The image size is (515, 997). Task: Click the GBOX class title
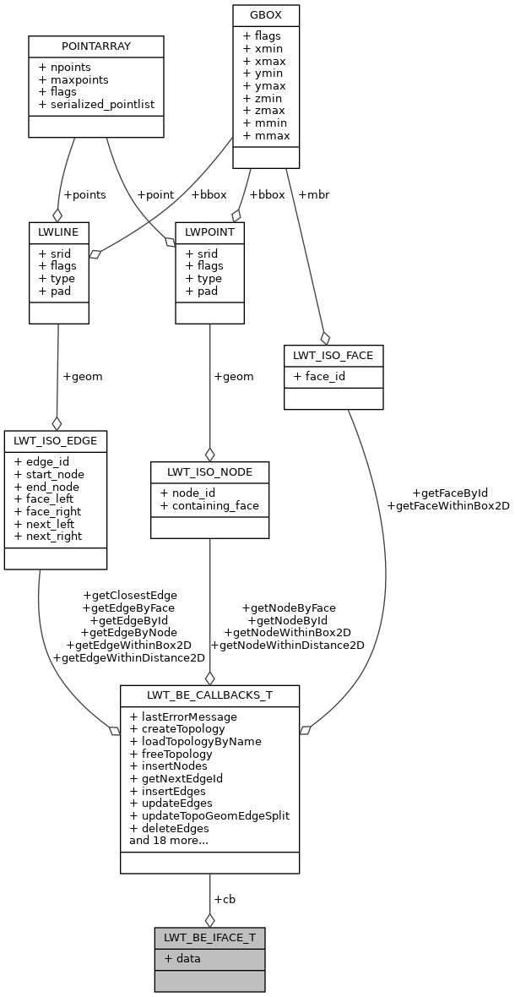coord(266,15)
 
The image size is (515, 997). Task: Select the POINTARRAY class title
coord(95,45)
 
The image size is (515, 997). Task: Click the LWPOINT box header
coord(209,231)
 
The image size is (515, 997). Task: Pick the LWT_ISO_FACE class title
coord(333,355)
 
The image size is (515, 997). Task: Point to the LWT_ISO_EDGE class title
coord(56,440)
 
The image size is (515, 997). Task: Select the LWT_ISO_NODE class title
coord(209,471)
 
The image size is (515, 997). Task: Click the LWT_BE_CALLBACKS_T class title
coord(209,695)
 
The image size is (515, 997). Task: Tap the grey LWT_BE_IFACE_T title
coord(209,937)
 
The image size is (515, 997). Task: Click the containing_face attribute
coord(209,505)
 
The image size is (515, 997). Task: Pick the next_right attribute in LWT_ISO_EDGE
coord(48,536)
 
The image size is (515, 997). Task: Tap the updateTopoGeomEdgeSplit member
coord(209,815)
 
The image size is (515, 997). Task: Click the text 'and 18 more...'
coord(168,840)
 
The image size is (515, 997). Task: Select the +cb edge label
coord(225,899)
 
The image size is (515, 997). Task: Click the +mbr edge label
coord(313,194)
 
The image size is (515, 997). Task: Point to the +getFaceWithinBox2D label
coord(447,505)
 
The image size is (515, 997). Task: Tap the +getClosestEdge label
coord(129,595)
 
